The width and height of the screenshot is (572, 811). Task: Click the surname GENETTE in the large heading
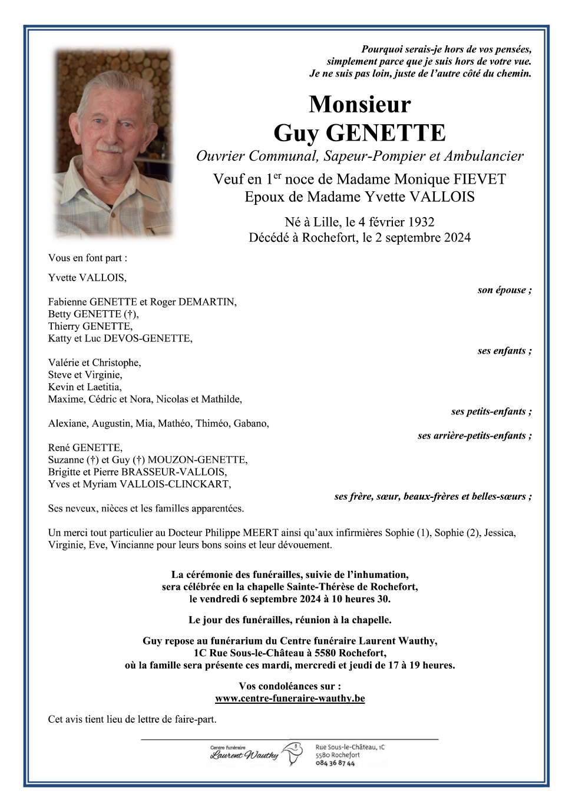(385, 133)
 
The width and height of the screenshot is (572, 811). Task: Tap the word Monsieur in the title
(359, 104)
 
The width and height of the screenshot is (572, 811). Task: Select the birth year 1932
(421, 222)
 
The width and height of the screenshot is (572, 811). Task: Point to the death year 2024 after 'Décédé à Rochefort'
(456, 237)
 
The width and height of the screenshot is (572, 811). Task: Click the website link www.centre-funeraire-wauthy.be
(290, 698)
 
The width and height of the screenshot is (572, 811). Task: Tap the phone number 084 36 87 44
(335, 763)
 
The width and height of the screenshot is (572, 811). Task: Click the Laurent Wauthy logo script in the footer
(244, 755)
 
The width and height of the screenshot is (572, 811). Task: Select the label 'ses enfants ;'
(504, 351)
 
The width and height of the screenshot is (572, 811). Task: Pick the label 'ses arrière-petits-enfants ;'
(474, 436)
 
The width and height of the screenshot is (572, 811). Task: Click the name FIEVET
(479, 179)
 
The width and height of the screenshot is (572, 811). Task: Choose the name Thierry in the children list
(64, 326)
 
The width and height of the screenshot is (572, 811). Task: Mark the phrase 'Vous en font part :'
(88, 258)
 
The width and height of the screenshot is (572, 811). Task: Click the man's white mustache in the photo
(109, 148)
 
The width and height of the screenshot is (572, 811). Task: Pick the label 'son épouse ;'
(504, 290)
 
